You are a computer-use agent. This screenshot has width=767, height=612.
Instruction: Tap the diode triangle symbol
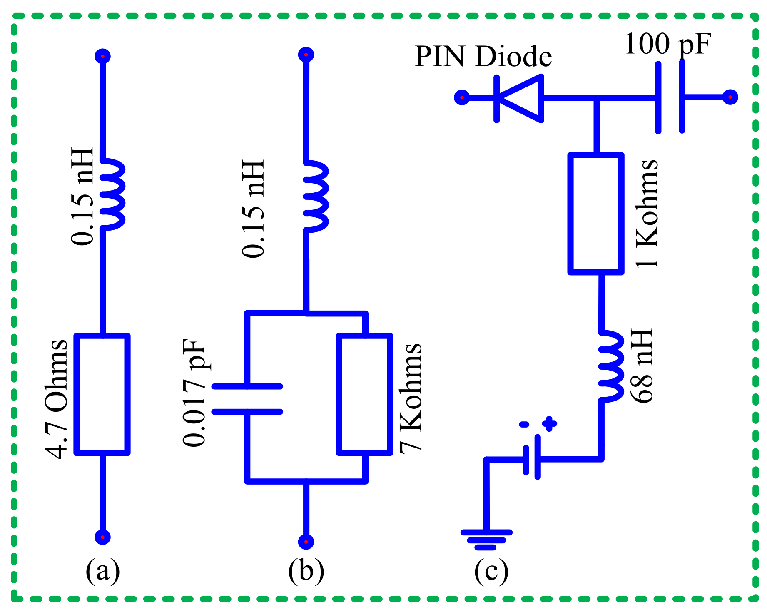click(x=520, y=99)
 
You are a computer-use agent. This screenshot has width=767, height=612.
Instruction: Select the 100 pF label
click(x=667, y=44)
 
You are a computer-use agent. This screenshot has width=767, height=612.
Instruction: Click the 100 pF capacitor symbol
click(x=670, y=98)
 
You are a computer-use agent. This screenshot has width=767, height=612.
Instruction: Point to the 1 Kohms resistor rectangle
click(x=596, y=214)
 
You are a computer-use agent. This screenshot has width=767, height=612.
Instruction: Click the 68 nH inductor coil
click(x=611, y=366)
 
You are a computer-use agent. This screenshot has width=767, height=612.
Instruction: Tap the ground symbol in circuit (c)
click(x=486, y=540)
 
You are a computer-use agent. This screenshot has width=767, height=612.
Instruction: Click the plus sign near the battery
click(x=549, y=424)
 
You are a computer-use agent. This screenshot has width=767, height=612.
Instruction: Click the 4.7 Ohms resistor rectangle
click(x=102, y=394)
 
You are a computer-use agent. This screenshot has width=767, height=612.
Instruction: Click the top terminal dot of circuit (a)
click(x=102, y=56)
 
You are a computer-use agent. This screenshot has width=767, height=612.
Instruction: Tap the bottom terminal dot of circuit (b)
click(x=306, y=542)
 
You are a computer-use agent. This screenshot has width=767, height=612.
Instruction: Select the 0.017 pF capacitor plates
click(x=247, y=399)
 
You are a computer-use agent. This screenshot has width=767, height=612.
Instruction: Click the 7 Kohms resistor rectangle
click(x=365, y=394)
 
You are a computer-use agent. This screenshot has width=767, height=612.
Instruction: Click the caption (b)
click(x=306, y=570)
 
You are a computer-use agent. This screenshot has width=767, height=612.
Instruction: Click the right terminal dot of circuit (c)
click(x=730, y=97)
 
